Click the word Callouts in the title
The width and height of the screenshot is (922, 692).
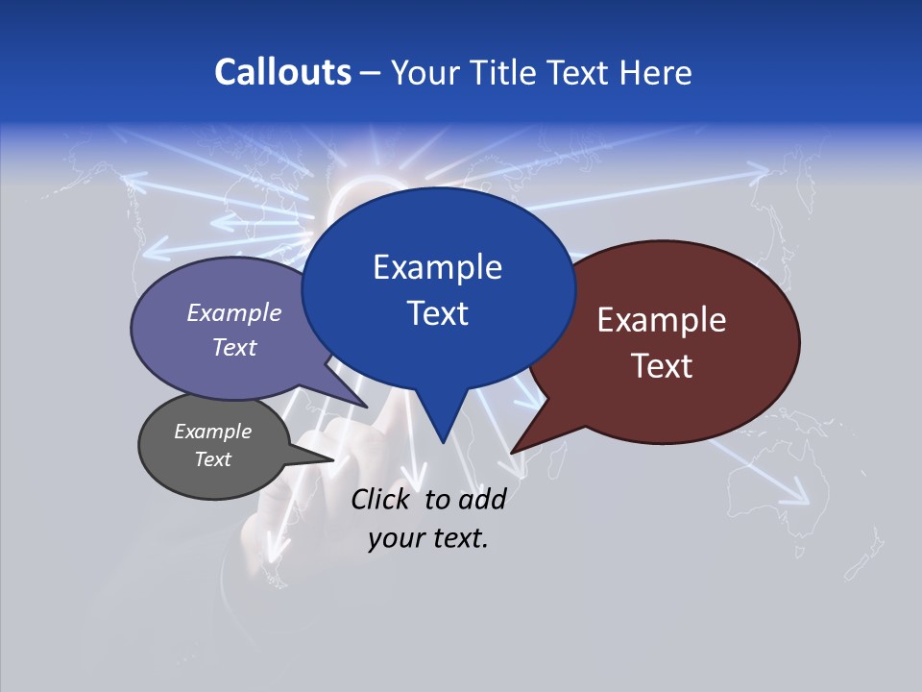pos(283,72)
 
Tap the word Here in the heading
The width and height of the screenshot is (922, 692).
pos(656,73)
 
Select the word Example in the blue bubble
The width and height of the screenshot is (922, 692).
pos(437,267)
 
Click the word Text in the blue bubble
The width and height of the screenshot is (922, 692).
pos(437,313)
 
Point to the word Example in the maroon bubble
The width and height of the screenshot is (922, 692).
pos(662,320)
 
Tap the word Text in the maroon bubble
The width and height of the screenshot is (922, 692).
pos(662,366)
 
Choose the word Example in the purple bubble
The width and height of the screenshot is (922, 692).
pos(234,312)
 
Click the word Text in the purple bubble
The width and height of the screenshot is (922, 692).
pos(234,347)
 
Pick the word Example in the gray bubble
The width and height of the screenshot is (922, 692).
pos(212,432)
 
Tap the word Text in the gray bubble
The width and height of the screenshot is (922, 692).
pos(212,459)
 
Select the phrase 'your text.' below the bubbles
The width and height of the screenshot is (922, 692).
pos(428,538)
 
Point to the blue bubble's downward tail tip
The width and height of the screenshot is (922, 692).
pos(443,442)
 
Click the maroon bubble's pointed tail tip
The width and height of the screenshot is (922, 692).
pos(512,452)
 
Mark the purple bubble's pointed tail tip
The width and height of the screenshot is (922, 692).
pos(367,408)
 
